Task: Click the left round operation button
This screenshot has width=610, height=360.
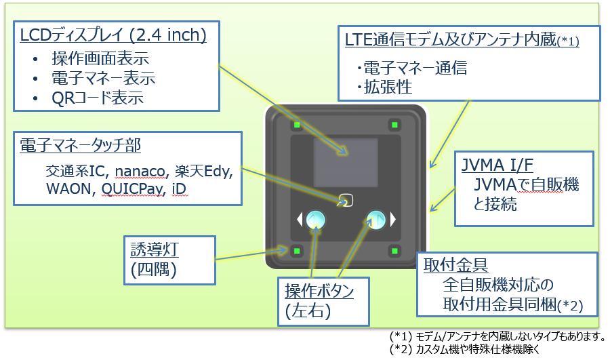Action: click(315, 220)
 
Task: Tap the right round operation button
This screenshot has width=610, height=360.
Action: click(376, 220)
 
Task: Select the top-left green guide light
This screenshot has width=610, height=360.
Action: click(298, 125)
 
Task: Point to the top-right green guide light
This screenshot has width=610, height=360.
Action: click(394, 125)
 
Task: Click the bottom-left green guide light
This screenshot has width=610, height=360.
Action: click(298, 251)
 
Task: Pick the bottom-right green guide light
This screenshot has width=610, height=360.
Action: click(394, 251)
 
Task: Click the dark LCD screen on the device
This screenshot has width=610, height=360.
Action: click(346, 162)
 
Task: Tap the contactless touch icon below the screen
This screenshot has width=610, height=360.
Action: click(346, 201)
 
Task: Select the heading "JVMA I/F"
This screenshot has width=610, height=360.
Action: click(497, 165)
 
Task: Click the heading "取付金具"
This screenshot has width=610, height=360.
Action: click(455, 265)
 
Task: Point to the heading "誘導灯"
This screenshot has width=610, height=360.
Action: click(155, 249)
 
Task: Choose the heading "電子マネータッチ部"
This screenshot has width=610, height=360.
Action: click(80, 146)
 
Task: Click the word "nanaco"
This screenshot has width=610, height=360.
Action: click(140, 172)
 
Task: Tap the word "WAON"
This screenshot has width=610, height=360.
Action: click(68, 188)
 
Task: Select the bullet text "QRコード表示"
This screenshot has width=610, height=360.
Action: click(98, 98)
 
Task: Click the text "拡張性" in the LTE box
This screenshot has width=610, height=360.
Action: click(388, 87)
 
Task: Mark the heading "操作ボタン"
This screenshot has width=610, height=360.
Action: click(319, 291)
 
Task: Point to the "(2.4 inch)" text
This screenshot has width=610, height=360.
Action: click(167, 35)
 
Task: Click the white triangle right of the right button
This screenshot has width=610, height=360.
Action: click(393, 220)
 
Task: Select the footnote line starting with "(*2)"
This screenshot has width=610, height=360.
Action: click(464, 349)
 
